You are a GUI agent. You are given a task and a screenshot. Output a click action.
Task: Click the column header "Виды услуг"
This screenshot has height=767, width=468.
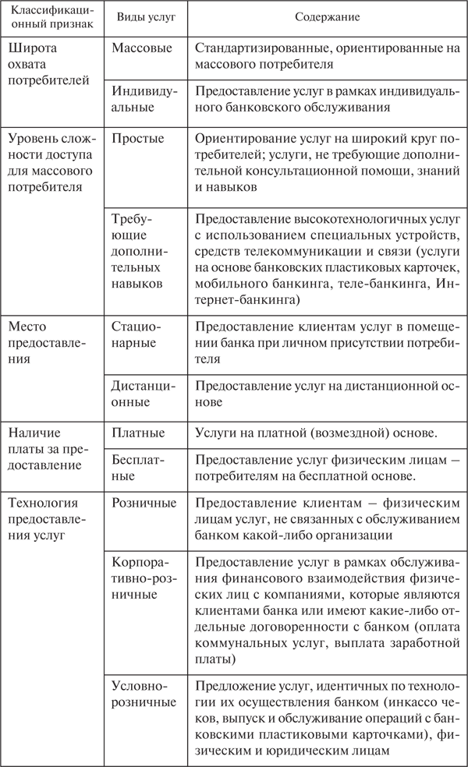tap(141, 17)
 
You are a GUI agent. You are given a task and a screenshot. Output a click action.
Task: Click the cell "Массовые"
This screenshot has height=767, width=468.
tap(141, 48)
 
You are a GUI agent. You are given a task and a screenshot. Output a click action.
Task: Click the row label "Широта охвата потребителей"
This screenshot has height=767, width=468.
tap(46, 63)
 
